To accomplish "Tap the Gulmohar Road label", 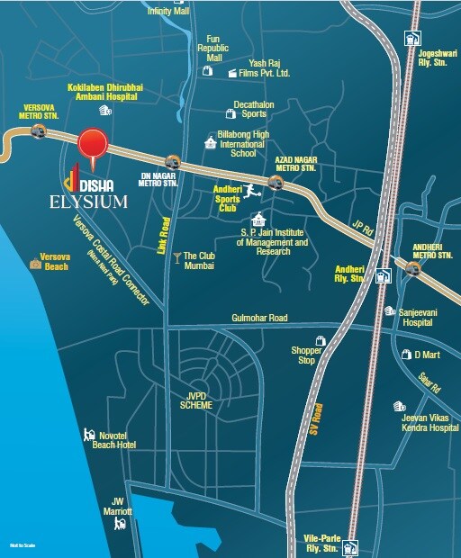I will [258, 319].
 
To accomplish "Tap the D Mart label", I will [424, 354].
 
